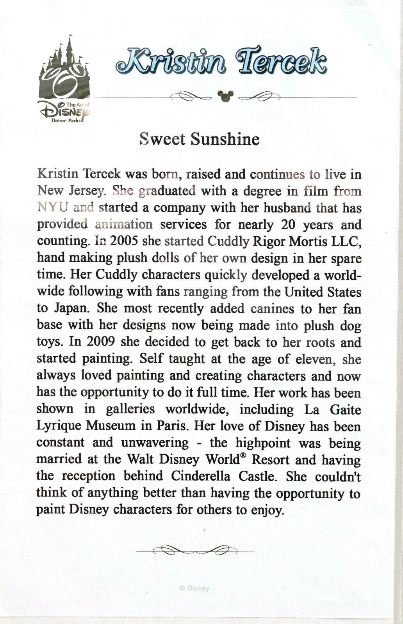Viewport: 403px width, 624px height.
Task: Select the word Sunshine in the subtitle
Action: (x=225, y=139)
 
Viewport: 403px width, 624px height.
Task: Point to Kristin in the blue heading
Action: (x=171, y=62)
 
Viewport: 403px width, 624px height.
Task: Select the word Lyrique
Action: (x=58, y=426)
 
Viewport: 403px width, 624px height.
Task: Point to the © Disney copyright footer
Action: (x=194, y=588)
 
